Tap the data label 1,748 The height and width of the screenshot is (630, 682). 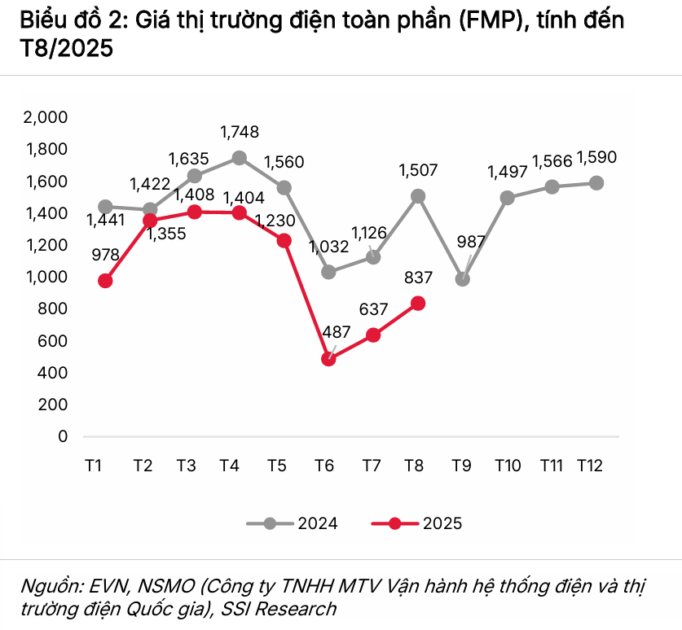coord(240,131)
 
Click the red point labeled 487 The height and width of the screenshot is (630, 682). coord(328,359)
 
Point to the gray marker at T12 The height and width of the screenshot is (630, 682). coord(596,182)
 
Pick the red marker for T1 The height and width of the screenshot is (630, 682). coord(105,281)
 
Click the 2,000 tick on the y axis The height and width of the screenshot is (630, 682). coord(46,117)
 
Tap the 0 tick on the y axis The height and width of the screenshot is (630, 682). coord(63,436)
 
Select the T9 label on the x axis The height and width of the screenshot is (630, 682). coord(463,466)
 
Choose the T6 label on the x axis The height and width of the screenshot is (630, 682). coord(324,466)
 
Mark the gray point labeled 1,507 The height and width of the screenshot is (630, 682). coord(418,196)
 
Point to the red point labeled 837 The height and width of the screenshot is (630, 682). coord(418,304)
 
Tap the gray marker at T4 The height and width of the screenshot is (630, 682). coord(239,158)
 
